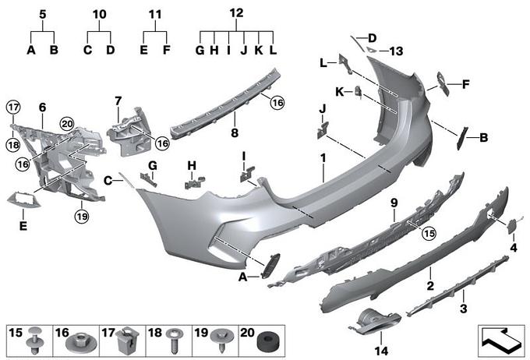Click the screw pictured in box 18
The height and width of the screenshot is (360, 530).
(x=175, y=341)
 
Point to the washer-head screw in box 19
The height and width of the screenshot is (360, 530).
(x=221, y=341)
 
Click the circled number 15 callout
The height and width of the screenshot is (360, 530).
(x=429, y=233)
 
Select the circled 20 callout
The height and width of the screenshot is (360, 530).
(x=67, y=124)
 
